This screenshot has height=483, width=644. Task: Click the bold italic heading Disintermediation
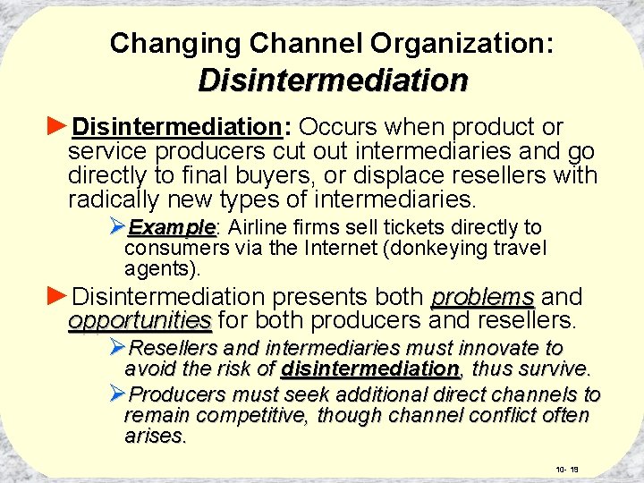333,80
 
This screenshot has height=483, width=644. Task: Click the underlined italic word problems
483,296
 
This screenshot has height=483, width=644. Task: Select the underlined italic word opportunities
140,319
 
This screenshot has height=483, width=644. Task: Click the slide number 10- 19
568,470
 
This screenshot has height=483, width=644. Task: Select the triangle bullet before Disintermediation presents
56,295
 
